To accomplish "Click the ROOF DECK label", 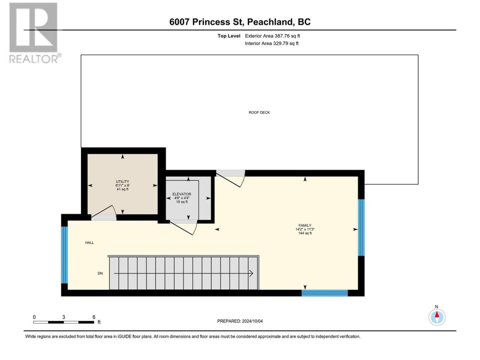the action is tap(259, 112).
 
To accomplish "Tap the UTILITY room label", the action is tap(123, 181).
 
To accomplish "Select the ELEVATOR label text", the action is tap(182, 194).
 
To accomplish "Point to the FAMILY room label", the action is tap(305, 225).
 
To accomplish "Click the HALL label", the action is tap(90, 243).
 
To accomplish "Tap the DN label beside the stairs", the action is tap(100, 273).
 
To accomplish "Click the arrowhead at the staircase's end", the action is tap(252, 273).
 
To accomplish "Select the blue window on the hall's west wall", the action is tap(64, 255).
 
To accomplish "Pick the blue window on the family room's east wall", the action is tap(361, 227).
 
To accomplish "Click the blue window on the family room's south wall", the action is tap(324, 293).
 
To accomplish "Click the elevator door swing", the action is tap(184, 228).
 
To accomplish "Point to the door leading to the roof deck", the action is tap(231, 178).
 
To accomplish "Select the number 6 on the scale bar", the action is tap(94, 317).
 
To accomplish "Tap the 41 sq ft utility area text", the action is tap(123, 189).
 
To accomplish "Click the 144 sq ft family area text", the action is tap(305, 233).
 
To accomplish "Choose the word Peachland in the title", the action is tap(270, 22).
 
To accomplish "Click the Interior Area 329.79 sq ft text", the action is tap(271, 43).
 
